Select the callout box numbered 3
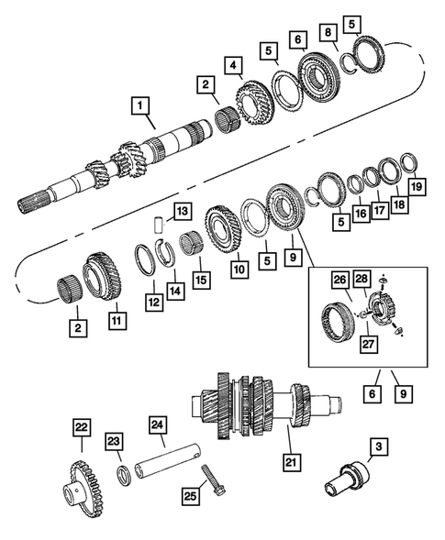377,447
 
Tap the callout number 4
235,65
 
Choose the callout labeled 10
239,270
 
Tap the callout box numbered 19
417,188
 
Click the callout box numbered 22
81,426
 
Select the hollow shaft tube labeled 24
169,458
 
